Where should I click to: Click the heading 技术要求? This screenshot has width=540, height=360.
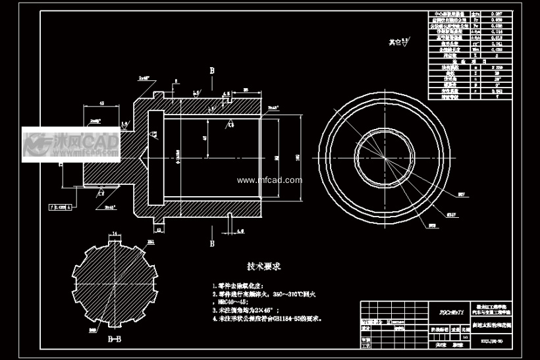(x=264, y=267)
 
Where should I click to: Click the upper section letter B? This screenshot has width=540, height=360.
(x=212, y=70)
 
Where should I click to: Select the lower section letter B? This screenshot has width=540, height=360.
(x=212, y=243)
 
